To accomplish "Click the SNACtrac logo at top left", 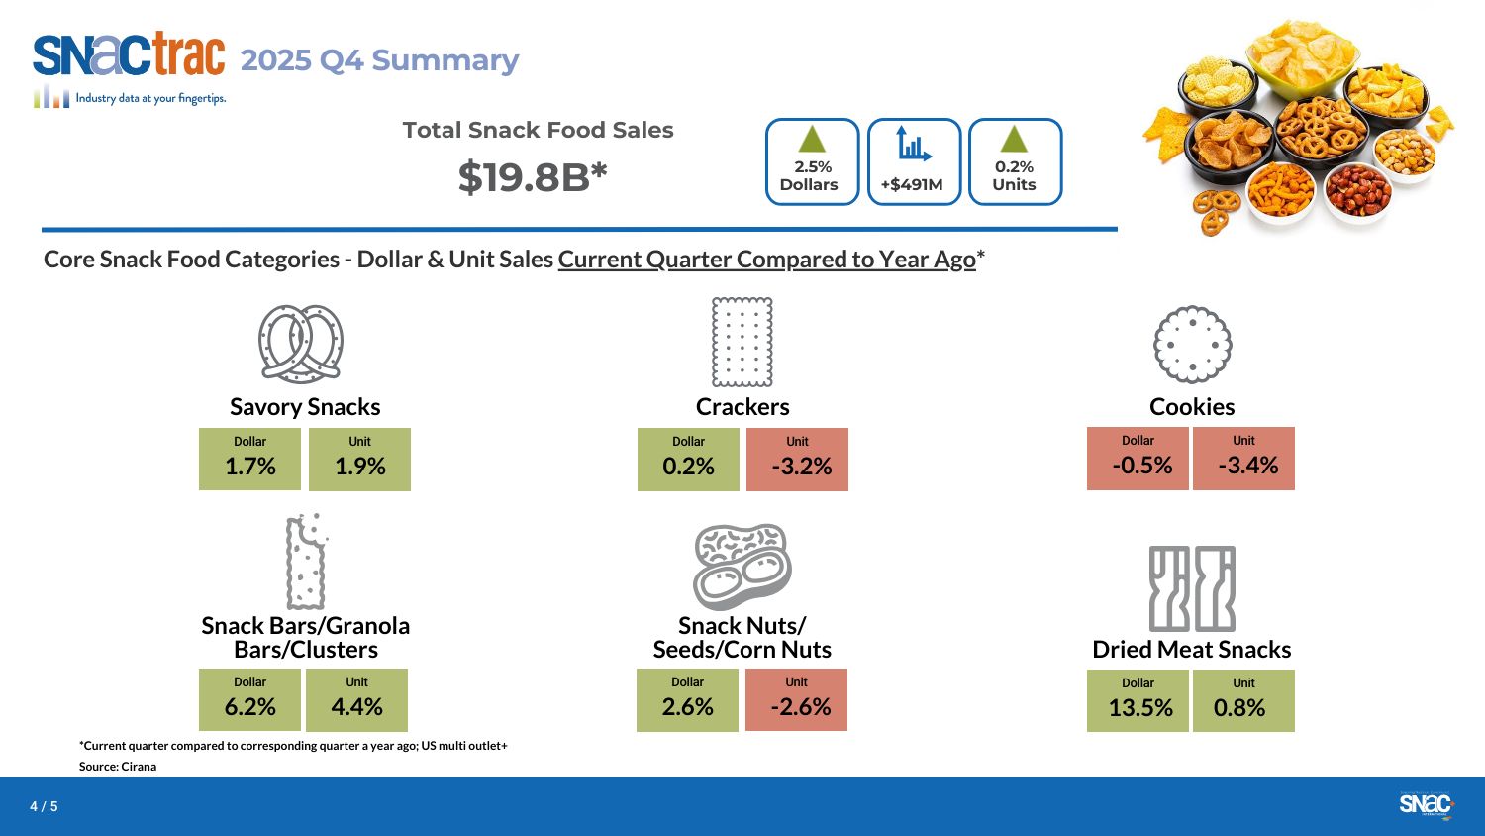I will (129, 57).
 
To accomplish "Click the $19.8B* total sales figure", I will (533, 177).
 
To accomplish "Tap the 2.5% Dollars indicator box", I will (812, 162).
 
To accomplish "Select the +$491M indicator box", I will (914, 162).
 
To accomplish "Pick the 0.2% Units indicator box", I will (1015, 162).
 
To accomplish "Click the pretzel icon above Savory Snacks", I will (301, 344).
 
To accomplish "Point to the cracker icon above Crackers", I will (742, 342).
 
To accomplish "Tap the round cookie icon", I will (1192, 344).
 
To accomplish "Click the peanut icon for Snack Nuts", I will (742, 567).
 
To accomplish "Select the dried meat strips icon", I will (1192, 588).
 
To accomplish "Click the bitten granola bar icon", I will (306, 562).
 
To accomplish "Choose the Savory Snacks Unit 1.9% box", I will (359, 459).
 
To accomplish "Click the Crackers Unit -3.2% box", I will (797, 459).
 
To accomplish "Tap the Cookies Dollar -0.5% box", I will (1138, 458).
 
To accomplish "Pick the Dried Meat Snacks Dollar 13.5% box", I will (1138, 700).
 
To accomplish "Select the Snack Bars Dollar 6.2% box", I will (249, 699).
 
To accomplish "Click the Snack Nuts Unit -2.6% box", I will (796, 699).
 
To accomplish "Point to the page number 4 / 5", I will (44, 806).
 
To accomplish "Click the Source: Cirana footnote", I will (118, 767).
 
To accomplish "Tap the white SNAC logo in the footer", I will (1426, 804).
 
